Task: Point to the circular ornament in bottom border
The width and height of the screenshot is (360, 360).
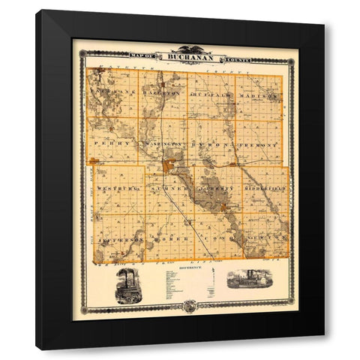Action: click(189, 305)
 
